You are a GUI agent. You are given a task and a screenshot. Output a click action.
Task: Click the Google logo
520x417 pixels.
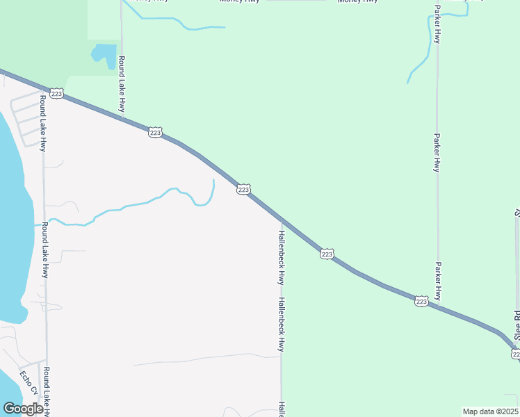(23, 409)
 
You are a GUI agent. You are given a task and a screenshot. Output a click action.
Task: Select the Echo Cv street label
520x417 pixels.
(26, 381)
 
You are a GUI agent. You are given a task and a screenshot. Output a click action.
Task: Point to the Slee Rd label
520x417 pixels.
(517, 325)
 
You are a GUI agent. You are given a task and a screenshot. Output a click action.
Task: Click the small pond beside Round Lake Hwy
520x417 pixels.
(105, 55)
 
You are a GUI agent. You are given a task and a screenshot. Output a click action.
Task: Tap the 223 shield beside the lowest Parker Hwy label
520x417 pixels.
(421, 301)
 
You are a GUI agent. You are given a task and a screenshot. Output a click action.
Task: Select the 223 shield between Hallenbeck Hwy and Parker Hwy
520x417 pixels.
(327, 254)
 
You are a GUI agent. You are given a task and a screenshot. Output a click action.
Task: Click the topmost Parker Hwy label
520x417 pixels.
(437, 24)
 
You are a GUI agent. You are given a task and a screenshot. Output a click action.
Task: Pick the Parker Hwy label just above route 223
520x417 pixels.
(437, 281)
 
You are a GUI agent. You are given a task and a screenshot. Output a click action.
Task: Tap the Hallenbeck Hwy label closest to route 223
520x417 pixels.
(281, 257)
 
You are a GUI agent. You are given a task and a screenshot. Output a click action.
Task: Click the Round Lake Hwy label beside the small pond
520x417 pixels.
(122, 83)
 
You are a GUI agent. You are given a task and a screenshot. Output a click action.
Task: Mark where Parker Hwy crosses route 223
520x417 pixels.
(438, 306)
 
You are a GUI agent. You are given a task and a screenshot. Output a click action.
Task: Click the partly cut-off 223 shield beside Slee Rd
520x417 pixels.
(516, 354)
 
